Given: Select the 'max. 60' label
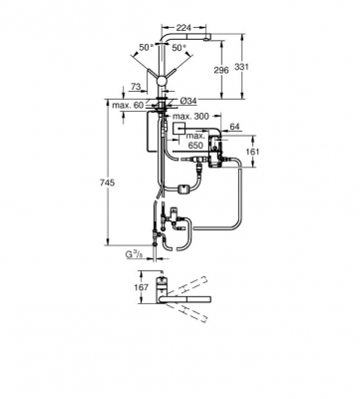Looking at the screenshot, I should coord(127,103).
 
